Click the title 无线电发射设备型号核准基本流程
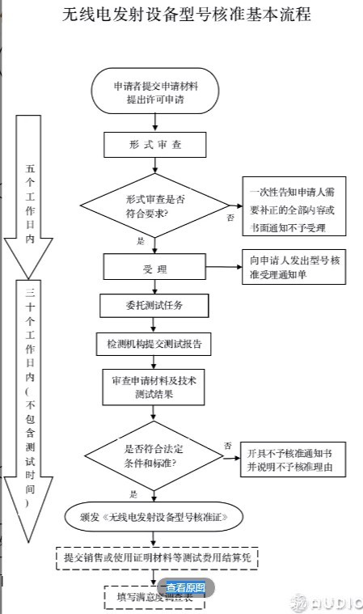pos(185,15)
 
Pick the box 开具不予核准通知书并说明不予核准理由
pos(293,460)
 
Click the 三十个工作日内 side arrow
pos(30,404)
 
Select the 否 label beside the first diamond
pos(230,218)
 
